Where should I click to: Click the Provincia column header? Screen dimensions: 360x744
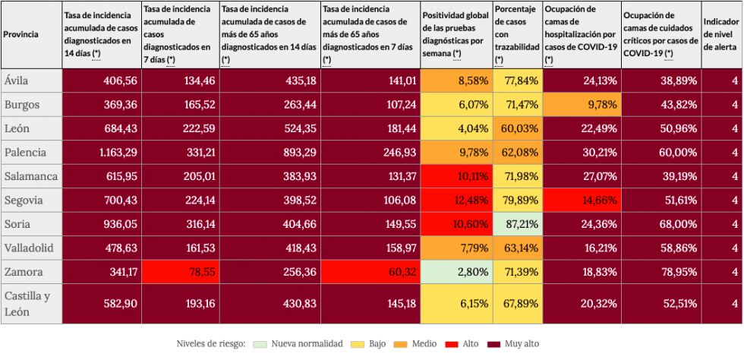pos(21,35)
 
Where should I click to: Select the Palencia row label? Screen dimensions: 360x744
pos(24,152)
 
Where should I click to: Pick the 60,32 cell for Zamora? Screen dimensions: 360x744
pos(370,272)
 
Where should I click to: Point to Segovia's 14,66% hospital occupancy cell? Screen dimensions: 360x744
pos(581,200)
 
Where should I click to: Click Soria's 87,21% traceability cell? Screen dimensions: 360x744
pos(518,224)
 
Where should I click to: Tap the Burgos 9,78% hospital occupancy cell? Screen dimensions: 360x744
pos(581,104)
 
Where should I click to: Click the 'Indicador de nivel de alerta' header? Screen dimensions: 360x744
pos(720,35)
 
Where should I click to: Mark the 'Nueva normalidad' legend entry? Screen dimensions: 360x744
pos(300,344)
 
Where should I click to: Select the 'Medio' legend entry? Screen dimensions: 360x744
pos(422,344)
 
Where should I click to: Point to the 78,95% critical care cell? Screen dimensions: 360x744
pos(659,272)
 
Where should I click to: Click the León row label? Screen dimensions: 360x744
pos(17,128)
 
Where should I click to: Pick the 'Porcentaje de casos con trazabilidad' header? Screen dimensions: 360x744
pos(516,35)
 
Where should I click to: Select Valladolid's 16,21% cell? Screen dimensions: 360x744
pos(581,248)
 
